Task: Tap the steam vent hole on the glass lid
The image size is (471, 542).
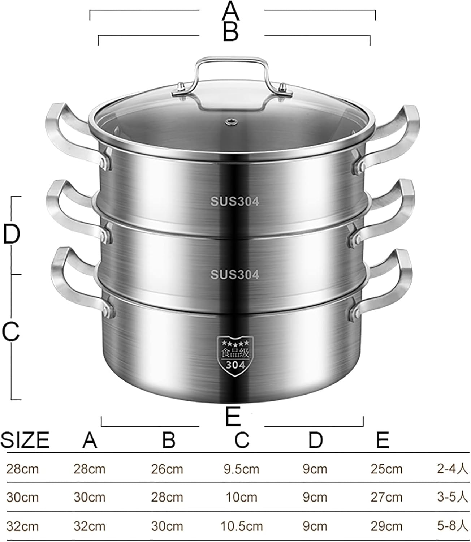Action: [x=229, y=122]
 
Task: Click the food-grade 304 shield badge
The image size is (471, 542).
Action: [x=235, y=356]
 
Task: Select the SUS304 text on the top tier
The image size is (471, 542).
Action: [x=235, y=202]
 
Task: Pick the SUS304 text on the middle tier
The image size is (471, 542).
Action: [x=235, y=275]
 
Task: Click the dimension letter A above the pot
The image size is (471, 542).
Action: [x=231, y=11]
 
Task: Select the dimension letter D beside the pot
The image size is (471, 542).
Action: [x=11, y=235]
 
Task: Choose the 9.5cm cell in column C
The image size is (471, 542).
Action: [x=241, y=469]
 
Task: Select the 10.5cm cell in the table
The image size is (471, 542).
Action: [x=241, y=526]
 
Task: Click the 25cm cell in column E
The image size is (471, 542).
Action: [x=386, y=469]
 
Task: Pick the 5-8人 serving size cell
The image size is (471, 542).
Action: [x=452, y=526]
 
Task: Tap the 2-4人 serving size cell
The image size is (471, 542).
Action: [x=452, y=469]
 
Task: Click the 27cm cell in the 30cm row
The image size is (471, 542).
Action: [x=386, y=497]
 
